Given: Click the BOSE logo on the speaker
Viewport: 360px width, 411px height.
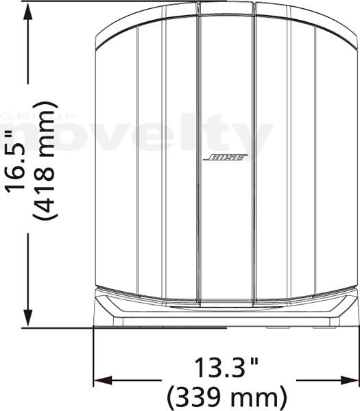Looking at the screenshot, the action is tap(225, 158).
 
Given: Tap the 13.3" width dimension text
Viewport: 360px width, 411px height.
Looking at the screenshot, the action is tap(226, 367).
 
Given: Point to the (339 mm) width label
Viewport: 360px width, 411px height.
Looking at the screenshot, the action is tap(227, 397).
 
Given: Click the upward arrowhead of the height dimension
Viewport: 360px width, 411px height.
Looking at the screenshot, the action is tap(28, 12).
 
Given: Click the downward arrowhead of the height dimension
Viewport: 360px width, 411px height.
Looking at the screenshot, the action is tap(28, 318).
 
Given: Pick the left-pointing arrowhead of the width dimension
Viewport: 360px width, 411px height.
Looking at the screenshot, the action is tap(103, 380).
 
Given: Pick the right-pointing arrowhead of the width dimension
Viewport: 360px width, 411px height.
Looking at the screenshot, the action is tap(350, 380).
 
